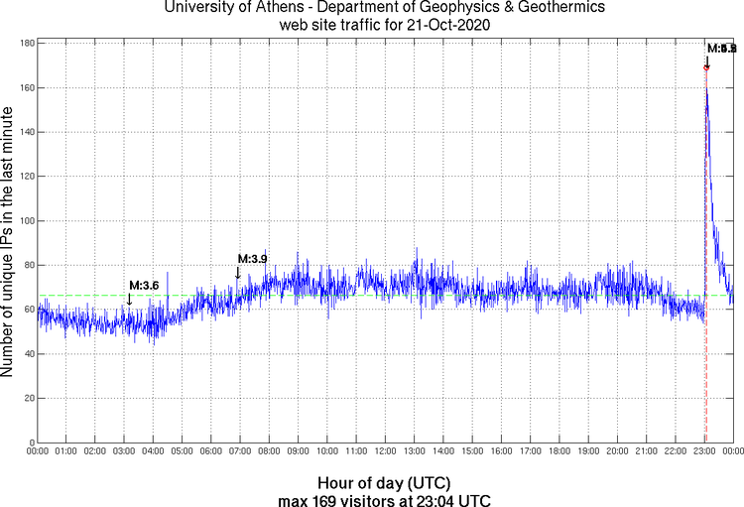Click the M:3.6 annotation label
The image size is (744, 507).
coord(144,286)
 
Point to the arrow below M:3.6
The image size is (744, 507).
coord(129,299)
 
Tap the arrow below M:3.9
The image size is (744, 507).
coord(237,273)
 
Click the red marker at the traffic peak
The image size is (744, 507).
coord(705,67)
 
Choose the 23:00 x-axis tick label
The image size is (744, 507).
coord(704,451)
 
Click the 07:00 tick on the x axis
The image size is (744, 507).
coord(240,451)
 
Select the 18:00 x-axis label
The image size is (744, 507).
coord(559,451)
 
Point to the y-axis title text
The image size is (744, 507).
coord(9,243)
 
